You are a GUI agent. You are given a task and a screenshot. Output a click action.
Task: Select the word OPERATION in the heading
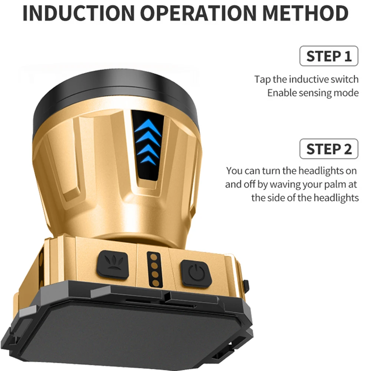[198, 13]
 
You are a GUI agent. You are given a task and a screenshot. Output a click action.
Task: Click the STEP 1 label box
[329, 56]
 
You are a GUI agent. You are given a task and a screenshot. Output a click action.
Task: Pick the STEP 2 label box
[329, 149]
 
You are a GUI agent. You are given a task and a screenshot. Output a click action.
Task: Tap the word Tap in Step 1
[262, 80]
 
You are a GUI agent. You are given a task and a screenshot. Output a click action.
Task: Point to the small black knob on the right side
[246, 286]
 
